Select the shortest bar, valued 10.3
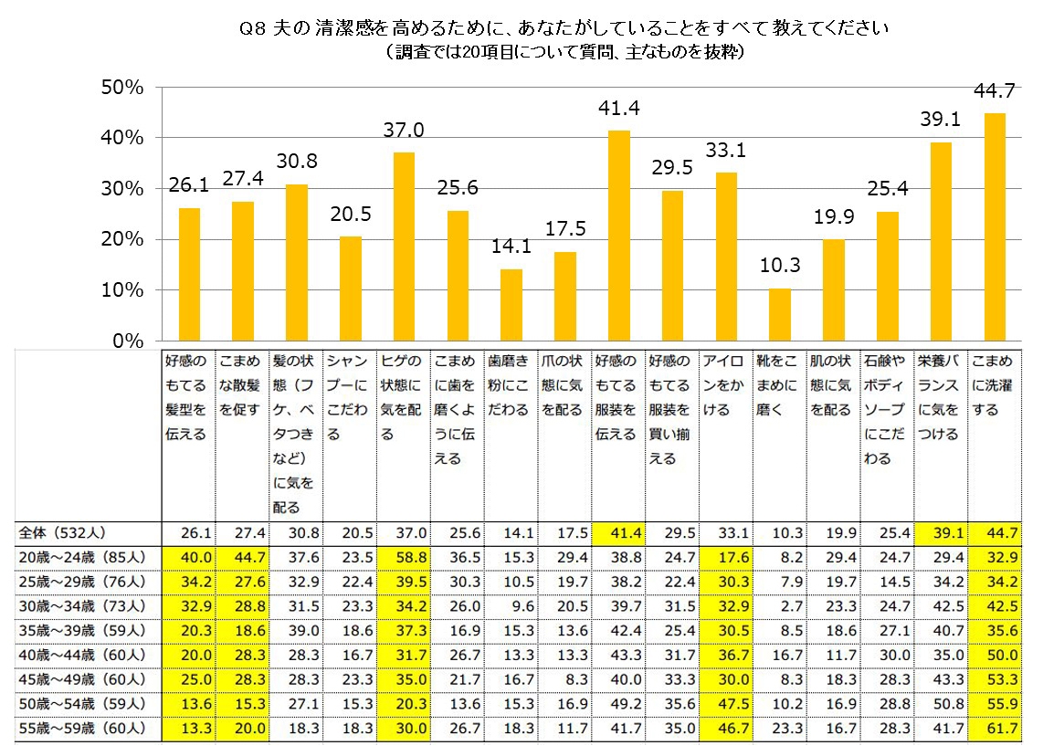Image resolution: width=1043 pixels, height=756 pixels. click(779, 314)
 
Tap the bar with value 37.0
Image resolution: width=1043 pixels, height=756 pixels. click(403, 247)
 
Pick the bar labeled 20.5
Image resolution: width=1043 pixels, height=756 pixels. click(350, 288)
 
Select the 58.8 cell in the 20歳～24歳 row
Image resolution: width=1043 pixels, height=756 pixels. click(403, 556)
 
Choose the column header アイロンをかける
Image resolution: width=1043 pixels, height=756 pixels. click(725, 385)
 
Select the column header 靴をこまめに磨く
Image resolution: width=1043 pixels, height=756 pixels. click(779, 385)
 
